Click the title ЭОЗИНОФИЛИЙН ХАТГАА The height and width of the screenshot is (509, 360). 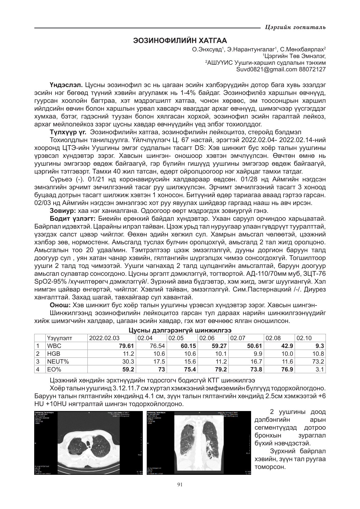[180, 41]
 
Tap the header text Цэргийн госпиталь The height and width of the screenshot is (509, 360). [295, 28]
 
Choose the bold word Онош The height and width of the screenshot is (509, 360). [60, 305]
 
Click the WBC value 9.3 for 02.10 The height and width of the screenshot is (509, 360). [320, 346]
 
